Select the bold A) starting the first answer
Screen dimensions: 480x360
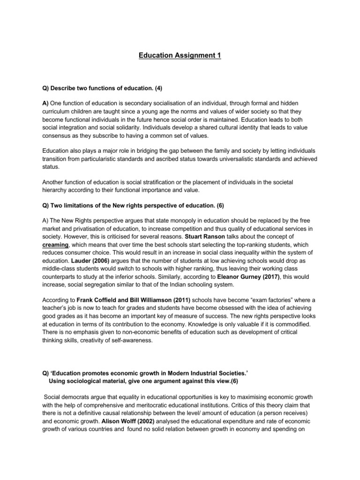point(45,103)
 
